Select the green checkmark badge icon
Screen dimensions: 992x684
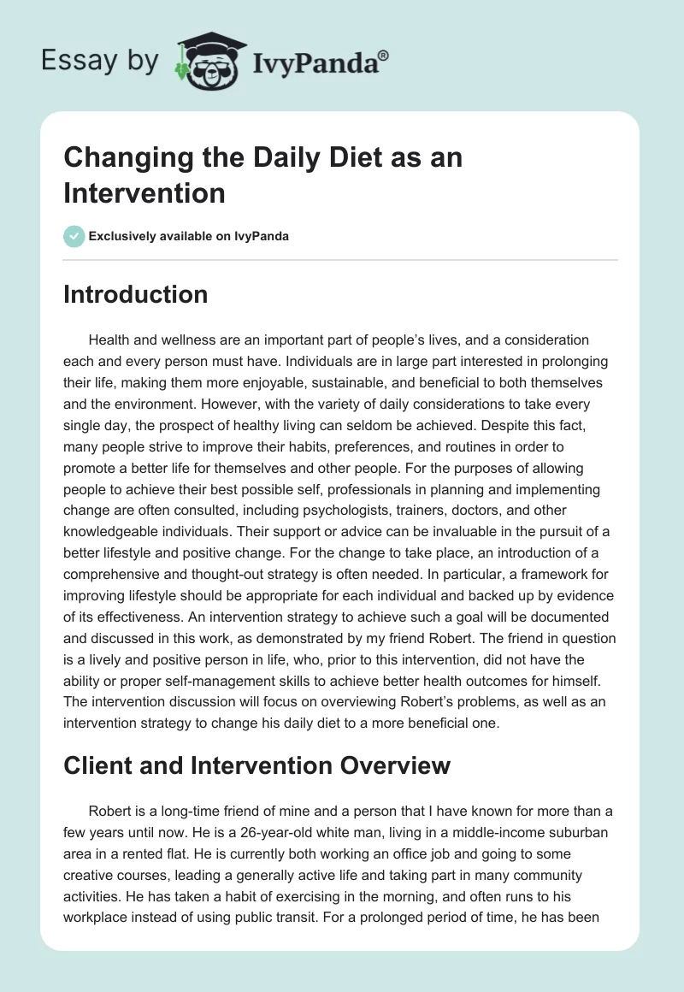(x=74, y=236)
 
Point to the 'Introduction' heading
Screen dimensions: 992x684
(x=135, y=294)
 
